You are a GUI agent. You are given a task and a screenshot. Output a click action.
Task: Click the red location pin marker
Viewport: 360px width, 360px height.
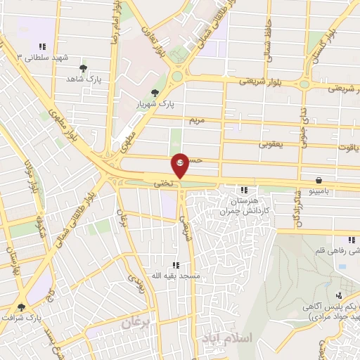click(x=181, y=165)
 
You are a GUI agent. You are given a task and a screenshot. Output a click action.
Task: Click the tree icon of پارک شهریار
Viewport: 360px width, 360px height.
click(x=155, y=92)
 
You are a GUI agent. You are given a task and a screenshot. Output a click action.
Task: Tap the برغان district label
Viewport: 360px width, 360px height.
click(x=136, y=323)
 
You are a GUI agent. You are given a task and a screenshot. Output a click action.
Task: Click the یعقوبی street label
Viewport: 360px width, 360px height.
click(x=270, y=144)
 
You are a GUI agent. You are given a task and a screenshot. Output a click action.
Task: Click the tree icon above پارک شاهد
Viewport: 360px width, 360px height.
click(x=84, y=68)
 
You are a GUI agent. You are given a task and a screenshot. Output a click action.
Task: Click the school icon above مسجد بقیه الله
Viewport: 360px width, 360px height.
click(x=176, y=264)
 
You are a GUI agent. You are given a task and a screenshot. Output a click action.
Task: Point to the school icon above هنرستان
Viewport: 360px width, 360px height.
click(x=244, y=190)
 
